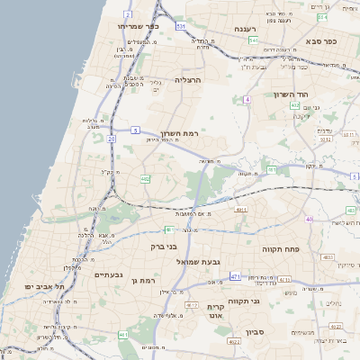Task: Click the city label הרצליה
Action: click(x=188, y=79)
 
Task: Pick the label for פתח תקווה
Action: click(x=280, y=247)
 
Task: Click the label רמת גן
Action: click(x=143, y=282)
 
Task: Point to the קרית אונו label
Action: click(x=215, y=310)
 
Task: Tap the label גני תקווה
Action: click(x=243, y=301)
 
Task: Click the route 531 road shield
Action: click(x=181, y=27)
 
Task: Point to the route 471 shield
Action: click(x=235, y=276)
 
